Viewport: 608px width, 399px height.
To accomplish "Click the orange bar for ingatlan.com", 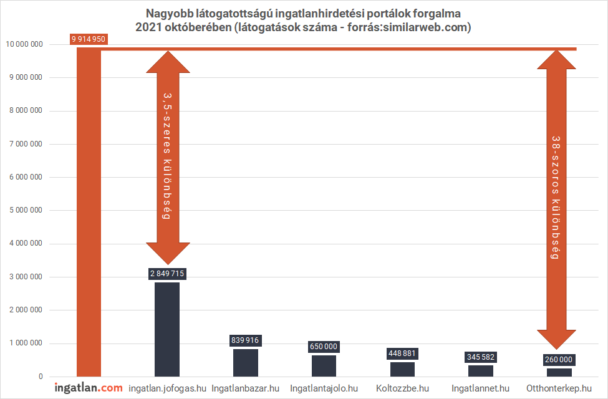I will click(89, 212).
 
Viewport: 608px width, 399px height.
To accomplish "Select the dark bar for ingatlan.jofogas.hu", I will click(167, 329).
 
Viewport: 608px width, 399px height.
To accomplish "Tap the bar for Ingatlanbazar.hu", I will click(246, 363).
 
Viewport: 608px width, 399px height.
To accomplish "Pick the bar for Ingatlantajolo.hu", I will click(324, 366).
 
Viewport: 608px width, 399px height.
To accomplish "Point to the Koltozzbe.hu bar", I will click(402, 369).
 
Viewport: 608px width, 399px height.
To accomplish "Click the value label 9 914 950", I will click(89, 39).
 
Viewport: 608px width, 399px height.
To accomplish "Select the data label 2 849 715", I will click(167, 274).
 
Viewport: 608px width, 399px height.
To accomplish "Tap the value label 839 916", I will click(245, 340).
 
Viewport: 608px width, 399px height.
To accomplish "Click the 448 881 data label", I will click(402, 353).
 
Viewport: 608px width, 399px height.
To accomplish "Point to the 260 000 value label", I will click(559, 360).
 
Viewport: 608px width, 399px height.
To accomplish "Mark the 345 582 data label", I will click(480, 357).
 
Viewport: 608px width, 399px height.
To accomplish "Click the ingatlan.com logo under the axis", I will click(89, 388).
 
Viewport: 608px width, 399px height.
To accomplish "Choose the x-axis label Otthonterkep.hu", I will click(559, 388).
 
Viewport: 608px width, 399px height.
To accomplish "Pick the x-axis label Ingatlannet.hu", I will click(480, 388).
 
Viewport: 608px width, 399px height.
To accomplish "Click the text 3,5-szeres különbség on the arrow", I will click(167, 156).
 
